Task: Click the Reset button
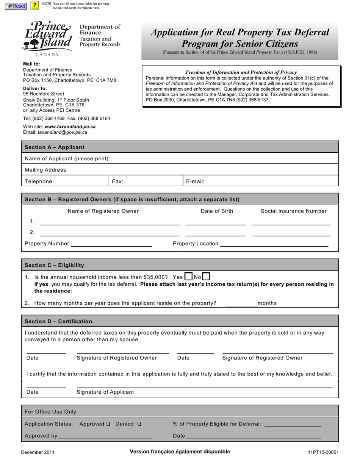[x=16, y=6]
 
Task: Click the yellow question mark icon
[x=34, y=5]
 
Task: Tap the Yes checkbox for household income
[x=188, y=277]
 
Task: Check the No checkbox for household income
[x=206, y=277]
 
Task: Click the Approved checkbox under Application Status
[x=108, y=424]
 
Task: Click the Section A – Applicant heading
[x=55, y=147]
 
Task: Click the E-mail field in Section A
[x=269, y=181]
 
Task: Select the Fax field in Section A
[x=152, y=181]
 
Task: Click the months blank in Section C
[x=241, y=303]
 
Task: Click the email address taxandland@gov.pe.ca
[x=63, y=132]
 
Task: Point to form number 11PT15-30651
[x=323, y=452]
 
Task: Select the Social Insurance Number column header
[x=293, y=211]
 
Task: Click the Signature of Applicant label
[x=105, y=392]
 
